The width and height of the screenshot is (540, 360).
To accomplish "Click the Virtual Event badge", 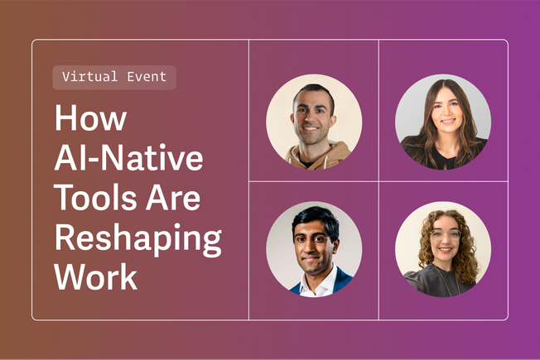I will pyautogui.click(x=114, y=77).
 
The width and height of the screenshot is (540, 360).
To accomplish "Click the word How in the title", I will pyautogui.click(x=90, y=118).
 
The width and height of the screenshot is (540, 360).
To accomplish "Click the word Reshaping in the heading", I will pyautogui.click(x=137, y=238).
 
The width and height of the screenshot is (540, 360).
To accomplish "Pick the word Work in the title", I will pyautogui.click(x=96, y=277).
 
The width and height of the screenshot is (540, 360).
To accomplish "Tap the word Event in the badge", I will pyautogui.click(x=148, y=77).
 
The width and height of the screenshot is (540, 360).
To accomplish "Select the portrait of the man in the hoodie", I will pyautogui.click(x=313, y=122).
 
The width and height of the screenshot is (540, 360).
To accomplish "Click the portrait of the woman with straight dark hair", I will pyautogui.click(x=443, y=122).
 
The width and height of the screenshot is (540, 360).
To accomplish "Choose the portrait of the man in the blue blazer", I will pyautogui.click(x=313, y=249).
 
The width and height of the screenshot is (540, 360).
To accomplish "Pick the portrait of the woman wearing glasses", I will pyautogui.click(x=443, y=249).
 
